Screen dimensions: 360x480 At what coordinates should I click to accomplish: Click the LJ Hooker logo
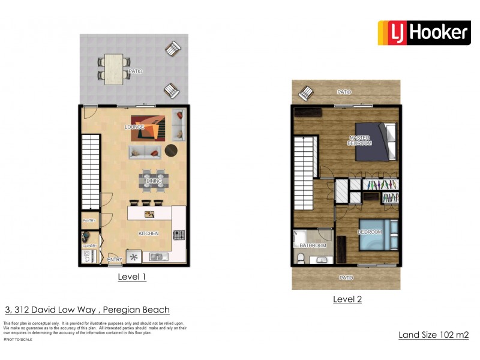click(x=424, y=32)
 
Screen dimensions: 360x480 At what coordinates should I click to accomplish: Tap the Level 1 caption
click(x=132, y=277)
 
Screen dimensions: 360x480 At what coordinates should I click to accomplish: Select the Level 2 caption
click(x=347, y=299)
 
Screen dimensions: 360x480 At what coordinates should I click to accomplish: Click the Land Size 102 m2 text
click(x=433, y=335)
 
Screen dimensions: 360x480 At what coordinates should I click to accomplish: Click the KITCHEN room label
click(x=148, y=233)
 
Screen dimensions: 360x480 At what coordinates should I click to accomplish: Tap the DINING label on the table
click(x=154, y=181)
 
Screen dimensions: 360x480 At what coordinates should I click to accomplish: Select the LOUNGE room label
click(x=134, y=127)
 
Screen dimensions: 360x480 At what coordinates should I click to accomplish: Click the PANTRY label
click(x=89, y=221)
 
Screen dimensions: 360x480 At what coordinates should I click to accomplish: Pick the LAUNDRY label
click(x=89, y=245)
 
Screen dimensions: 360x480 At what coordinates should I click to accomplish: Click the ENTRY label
click(x=115, y=260)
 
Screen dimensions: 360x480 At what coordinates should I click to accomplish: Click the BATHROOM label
click(x=313, y=245)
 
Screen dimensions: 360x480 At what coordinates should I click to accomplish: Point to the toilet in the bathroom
click(x=301, y=259)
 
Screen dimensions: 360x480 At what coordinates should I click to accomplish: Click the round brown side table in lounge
click(x=172, y=150)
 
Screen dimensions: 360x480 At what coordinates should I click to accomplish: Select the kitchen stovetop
click(x=179, y=235)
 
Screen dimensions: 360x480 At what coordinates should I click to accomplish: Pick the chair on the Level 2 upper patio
click(x=306, y=92)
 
